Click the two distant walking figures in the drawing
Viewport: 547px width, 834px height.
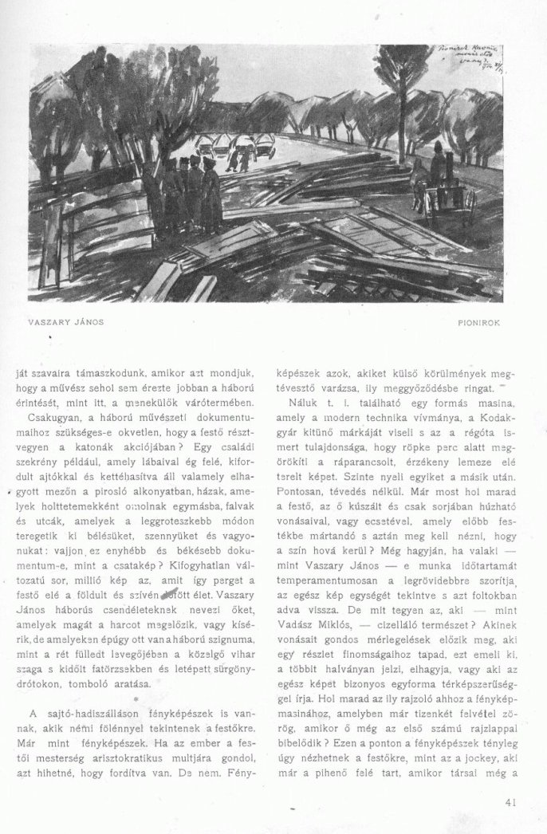(x=237, y=157)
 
